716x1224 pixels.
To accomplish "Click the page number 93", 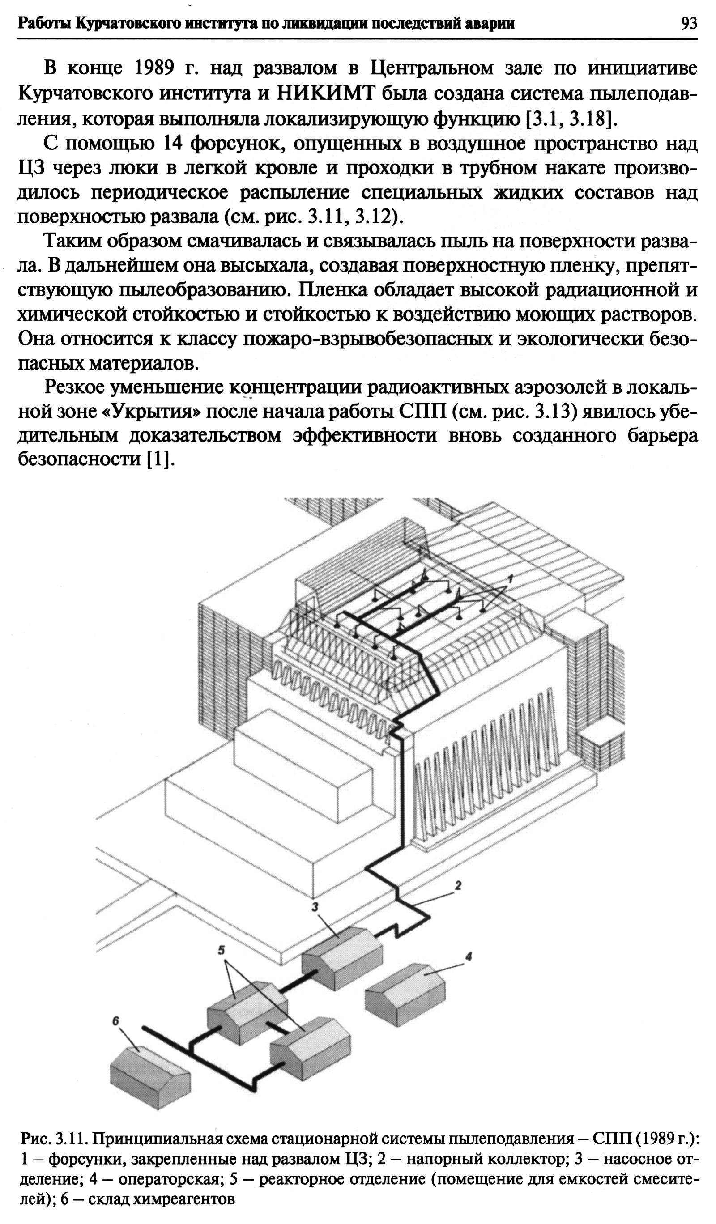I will (689, 23).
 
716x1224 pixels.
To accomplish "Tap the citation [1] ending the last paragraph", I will (160, 459).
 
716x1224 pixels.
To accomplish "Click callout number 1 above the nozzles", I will (511, 578).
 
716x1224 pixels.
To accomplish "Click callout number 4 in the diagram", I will (468, 956).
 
